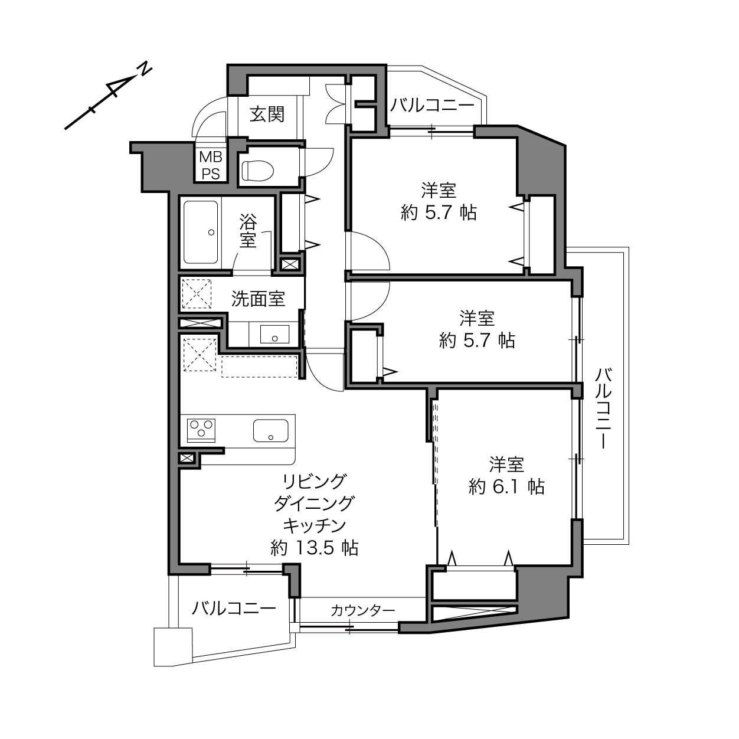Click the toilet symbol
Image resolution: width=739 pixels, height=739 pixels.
pos(258,170)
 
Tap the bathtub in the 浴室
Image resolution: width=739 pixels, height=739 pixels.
pos(201,233)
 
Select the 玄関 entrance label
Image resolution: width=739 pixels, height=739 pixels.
pos(267,115)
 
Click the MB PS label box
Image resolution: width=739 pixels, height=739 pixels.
pos(211,165)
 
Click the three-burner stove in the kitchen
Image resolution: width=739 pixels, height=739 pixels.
pos(201,431)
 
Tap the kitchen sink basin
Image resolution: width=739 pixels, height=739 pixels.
pos(271,431)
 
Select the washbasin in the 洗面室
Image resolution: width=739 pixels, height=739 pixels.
pos(274,334)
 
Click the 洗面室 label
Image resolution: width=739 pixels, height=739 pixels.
pos(258,299)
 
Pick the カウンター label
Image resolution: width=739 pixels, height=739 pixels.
pos(363,610)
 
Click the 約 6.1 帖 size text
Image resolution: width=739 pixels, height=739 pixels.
pos(506,487)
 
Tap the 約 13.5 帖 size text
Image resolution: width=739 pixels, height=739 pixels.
pos(315,548)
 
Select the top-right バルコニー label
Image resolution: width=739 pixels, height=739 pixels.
pos(432,105)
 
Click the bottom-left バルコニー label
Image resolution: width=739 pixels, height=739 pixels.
pos(234,608)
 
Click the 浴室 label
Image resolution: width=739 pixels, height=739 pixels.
pos(248,230)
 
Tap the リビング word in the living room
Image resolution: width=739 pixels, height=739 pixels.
pos(315,481)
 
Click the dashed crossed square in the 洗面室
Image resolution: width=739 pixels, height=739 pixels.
pos(197,294)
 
